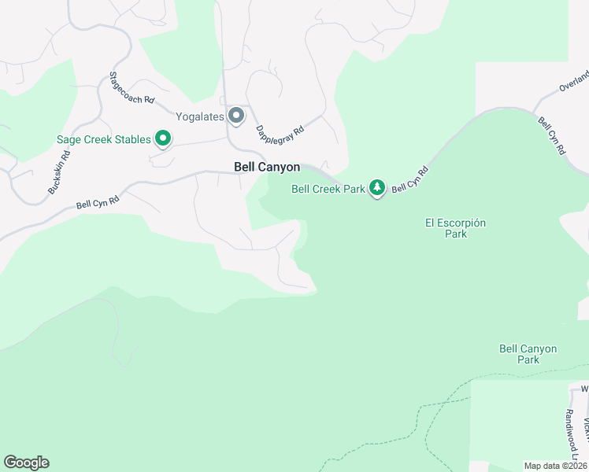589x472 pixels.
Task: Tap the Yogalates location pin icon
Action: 236,116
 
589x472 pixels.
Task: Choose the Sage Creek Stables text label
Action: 103,140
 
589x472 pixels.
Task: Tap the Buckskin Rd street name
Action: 59,172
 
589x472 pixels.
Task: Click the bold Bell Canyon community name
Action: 267,167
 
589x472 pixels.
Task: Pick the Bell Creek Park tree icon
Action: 378,188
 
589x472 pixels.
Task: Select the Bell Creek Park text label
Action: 328,189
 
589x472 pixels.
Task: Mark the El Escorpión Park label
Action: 455,228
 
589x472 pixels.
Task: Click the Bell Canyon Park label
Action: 528,354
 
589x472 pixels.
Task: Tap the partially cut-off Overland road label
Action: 574,83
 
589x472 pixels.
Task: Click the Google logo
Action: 26,463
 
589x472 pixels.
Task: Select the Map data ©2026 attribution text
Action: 556,466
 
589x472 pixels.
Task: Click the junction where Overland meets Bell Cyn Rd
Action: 535,112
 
